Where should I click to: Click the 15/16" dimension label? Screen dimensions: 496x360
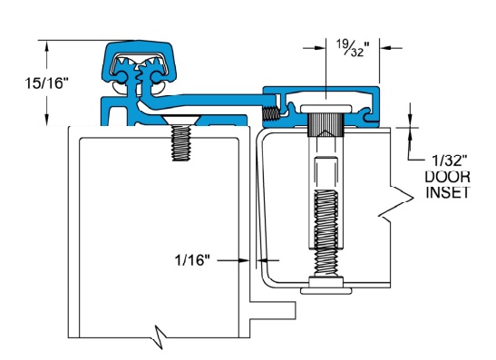pos(46,83)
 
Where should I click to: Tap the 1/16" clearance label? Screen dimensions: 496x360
pos(192,260)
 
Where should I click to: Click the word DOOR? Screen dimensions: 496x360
pos(447,177)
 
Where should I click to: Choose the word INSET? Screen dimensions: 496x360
pos(447,192)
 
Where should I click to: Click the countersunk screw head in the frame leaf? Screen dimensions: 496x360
pos(181,120)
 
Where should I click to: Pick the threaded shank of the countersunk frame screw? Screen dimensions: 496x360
pos(181,143)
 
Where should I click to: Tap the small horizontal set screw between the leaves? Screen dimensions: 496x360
pos(271,113)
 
